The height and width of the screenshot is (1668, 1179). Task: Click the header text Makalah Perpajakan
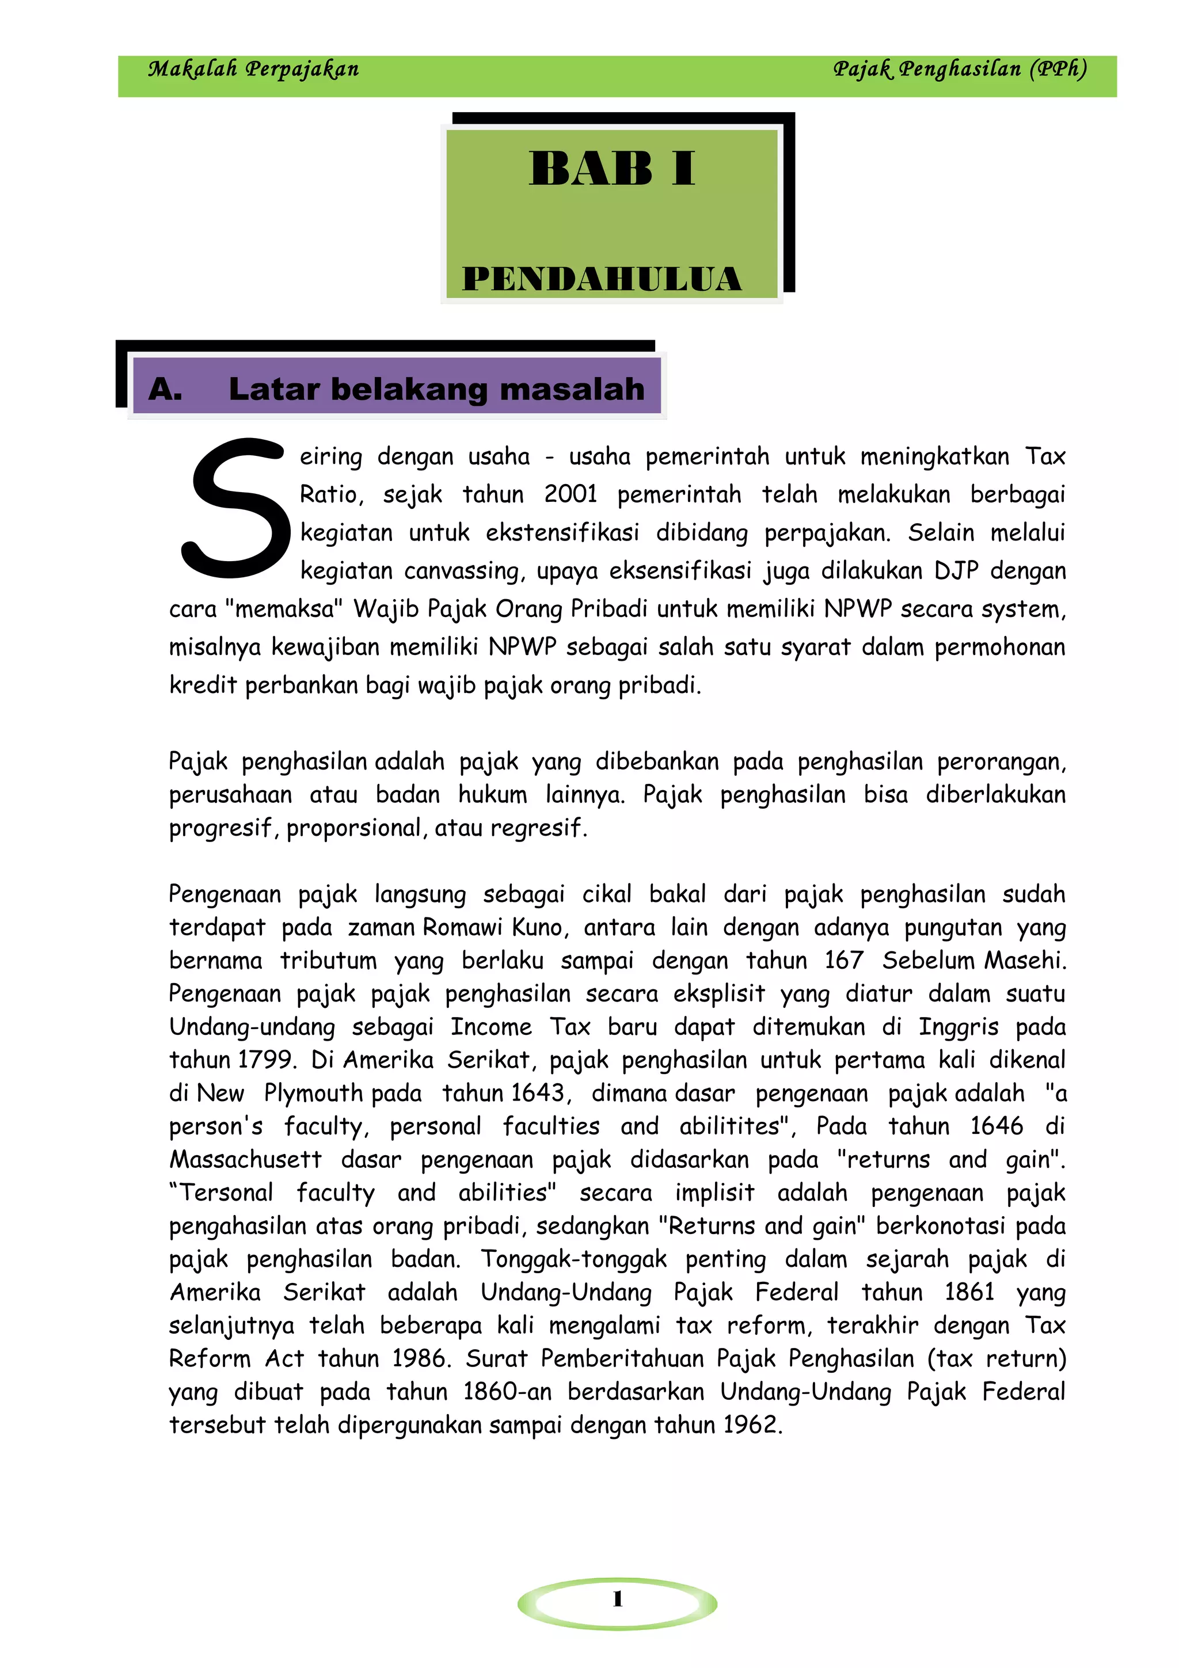tap(253, 70)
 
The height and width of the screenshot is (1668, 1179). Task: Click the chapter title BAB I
tap(611, 169)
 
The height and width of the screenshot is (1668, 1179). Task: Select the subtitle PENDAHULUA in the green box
tap(602, 280)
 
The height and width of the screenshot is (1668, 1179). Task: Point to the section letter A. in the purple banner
tap(165, 390)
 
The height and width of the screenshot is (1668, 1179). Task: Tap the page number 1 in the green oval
tap(618, 1599)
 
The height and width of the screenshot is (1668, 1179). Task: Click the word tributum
tap(328, 961)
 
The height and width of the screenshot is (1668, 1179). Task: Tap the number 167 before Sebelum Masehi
tap(843, 961)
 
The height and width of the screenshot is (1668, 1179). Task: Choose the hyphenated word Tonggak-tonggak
tap(573, 1259)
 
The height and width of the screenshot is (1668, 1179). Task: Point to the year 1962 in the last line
tap(751, 1425)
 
